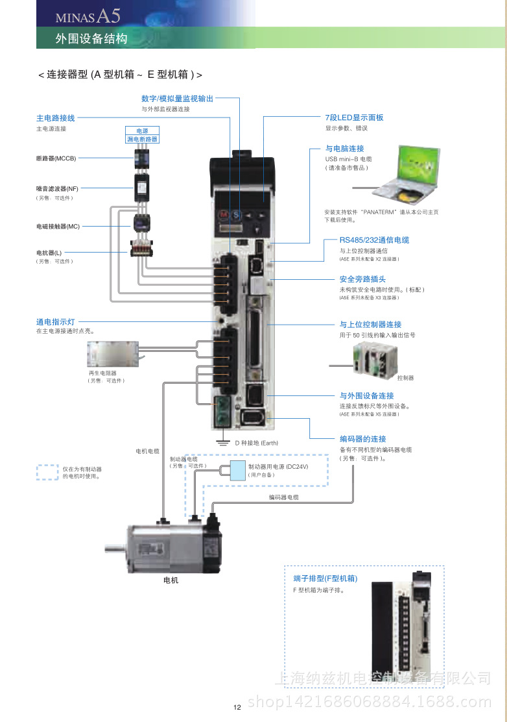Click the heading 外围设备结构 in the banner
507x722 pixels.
91,39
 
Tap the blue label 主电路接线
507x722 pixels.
56,118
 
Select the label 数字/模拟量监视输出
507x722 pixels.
177,99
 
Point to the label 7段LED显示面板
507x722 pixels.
354,118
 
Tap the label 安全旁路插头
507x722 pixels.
362,279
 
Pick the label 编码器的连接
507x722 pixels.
362,439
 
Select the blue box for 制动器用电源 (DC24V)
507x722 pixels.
238,469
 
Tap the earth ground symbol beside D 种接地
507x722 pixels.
222,443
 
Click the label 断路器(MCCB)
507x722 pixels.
56,158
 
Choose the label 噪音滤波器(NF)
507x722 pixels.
57,188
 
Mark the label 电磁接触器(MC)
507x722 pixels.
58,227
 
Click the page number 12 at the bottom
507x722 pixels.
237,707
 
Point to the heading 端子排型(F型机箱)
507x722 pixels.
325,579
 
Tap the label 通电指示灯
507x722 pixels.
56,322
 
